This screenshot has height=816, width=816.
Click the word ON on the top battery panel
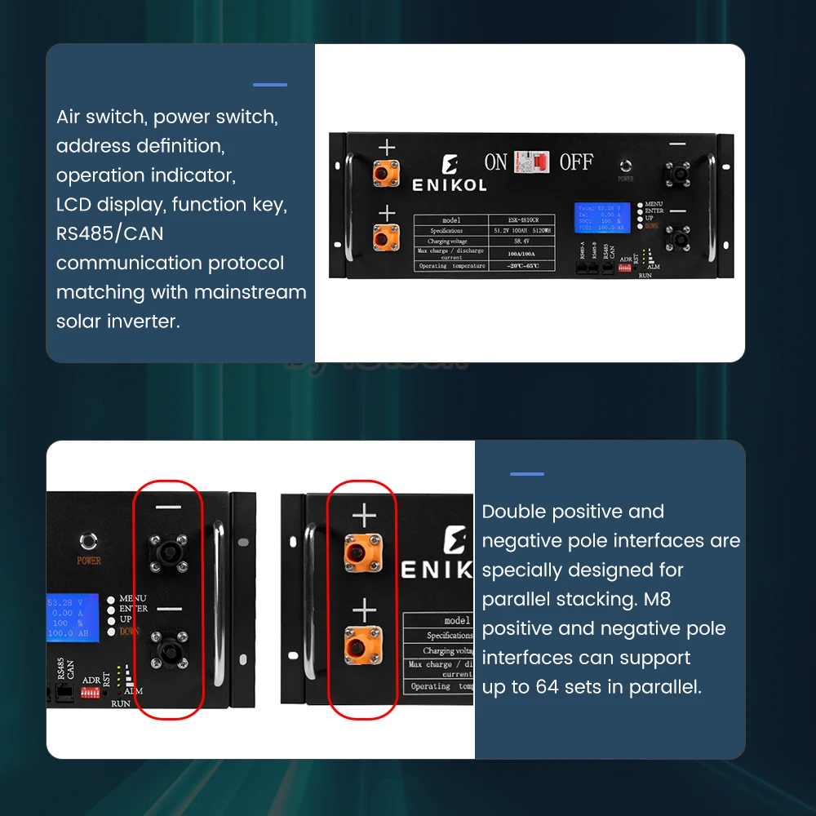click(x=495, y=162)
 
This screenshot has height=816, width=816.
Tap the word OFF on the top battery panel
click(x=576, y=162)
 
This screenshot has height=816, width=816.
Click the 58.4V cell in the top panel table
click(x=522, y=242)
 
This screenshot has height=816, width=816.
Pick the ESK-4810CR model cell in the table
click(x=522, y=220)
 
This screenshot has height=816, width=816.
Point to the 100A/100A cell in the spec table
click(x=522, y=254)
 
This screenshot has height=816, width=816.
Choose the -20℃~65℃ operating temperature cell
click(x=522, y=266)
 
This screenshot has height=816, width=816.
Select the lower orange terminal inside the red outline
click(x=364, y=648)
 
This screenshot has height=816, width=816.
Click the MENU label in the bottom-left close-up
click(x=132, y=599)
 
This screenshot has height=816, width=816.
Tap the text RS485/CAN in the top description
click(x=109, y=234)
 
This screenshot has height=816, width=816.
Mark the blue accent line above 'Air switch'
click(x=270, y=85)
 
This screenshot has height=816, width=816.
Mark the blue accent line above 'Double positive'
click(x=526, y=474)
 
